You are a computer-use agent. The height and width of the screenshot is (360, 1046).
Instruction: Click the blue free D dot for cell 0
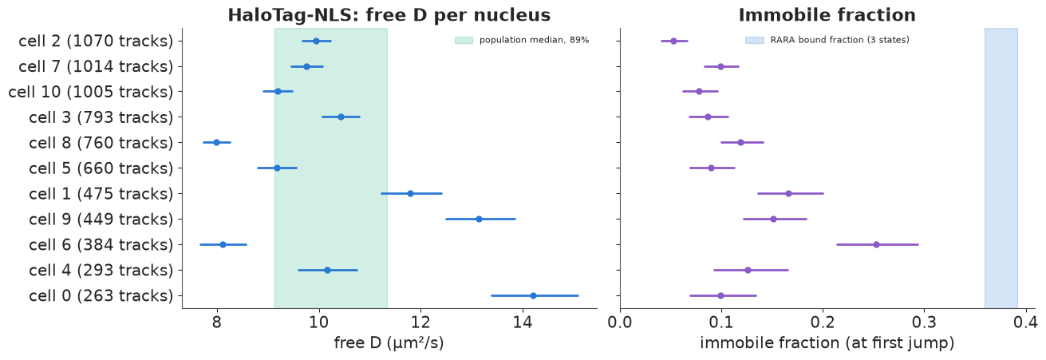[533, 295]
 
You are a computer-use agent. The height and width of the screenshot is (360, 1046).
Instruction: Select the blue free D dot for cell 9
[479, 219]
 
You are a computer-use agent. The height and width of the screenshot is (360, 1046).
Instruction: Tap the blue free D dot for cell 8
[217, 142]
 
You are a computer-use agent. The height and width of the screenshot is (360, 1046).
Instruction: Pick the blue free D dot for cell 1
[410, 193]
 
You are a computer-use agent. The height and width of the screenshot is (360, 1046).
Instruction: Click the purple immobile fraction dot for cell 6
[876, 245]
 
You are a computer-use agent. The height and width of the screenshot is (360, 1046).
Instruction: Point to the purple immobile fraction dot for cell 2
[674, 41]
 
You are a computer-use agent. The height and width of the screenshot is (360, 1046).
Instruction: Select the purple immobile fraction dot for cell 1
[789, 193]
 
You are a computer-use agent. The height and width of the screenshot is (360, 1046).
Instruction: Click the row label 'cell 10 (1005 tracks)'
[91, 92]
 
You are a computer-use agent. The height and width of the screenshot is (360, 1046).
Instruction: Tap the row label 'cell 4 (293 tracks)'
[101, 271]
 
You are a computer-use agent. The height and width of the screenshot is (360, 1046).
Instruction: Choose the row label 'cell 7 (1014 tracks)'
[96, 67]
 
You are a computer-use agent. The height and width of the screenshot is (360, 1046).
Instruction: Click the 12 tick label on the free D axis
[420, 322]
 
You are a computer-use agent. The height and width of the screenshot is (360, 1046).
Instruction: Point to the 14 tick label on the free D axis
[523, 322]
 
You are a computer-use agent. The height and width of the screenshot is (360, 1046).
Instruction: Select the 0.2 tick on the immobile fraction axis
[823, 322]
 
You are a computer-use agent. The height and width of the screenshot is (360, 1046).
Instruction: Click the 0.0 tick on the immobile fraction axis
[620, 322]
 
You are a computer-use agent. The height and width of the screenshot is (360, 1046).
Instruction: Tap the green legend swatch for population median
[464, 40]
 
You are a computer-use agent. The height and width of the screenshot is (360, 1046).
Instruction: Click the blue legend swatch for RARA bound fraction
[755, 40]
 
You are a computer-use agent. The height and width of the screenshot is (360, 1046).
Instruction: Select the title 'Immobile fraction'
[827, 15]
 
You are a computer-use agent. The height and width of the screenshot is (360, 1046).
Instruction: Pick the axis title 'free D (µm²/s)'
[389, 343]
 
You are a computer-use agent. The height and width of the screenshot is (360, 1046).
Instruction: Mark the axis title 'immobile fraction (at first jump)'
[827, 343]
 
